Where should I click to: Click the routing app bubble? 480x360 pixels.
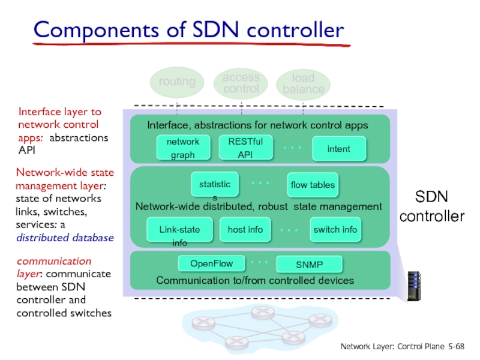coord(177,82)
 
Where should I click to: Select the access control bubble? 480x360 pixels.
coord(241,83)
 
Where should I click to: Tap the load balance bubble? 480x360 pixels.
coord(304,85)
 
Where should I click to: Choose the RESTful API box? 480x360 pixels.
coord(245,148)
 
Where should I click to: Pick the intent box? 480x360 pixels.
coord(339,148)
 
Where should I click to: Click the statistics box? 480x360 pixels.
coord(215,185)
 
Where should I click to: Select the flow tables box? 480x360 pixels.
coord(313,185)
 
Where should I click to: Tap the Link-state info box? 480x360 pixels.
coord(179,230)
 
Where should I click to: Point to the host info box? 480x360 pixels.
coord(245,229)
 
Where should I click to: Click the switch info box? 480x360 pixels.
coord(335,229)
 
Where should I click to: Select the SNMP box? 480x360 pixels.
coord(309,265)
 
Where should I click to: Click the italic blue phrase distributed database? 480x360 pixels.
coord(65,238)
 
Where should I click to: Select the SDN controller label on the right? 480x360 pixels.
coord(432,206)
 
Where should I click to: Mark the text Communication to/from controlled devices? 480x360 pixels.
coord(256,280)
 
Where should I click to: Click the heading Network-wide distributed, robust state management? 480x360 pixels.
coord(259,206)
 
